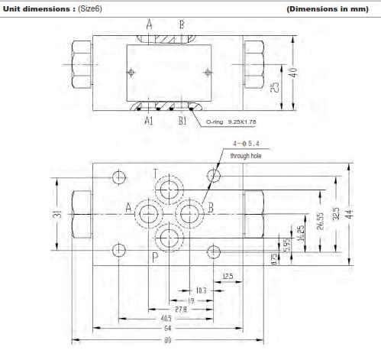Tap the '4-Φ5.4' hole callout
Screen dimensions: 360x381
[x=224, y=142]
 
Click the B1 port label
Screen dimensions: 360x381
[x=182, y=120]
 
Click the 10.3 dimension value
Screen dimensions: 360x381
[x=201, y=290]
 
